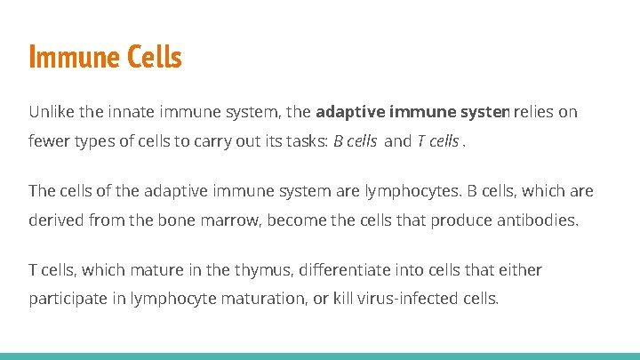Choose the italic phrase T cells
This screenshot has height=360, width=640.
[437, 140]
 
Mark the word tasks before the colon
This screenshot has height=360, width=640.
[305, 140]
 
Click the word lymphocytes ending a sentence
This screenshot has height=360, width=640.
[404, 191]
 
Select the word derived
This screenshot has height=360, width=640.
[56, 220]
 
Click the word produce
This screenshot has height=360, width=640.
[459, 220]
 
